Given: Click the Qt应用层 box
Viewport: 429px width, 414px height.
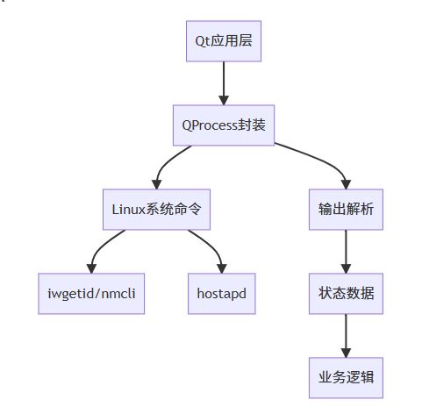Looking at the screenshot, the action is point(224,41).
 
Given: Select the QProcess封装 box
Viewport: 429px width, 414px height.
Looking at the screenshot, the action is point(224,125).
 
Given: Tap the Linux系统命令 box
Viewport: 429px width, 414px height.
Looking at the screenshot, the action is point(156,210).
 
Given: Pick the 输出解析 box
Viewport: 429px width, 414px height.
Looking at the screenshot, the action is point(346,210).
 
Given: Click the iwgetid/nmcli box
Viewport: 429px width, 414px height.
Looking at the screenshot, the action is point(91,294).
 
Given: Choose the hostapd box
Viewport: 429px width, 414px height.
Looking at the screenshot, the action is point(222,294).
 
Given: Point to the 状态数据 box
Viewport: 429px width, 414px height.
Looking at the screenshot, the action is point(346,294).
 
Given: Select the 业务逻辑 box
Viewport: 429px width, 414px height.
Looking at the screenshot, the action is point(346,378).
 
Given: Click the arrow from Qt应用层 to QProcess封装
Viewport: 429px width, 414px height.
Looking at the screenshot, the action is point(224,83).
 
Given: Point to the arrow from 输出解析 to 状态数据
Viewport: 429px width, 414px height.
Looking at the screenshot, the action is point(346,252).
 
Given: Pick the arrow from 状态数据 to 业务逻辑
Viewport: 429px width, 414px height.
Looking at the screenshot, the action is point(346,336).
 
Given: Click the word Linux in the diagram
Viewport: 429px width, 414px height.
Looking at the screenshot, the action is point(129,210).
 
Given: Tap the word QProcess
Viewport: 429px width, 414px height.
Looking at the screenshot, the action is point(210,125).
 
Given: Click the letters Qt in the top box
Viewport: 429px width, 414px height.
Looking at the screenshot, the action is point(203,41).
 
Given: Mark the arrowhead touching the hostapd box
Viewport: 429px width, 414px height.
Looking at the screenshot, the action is point(222,268).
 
